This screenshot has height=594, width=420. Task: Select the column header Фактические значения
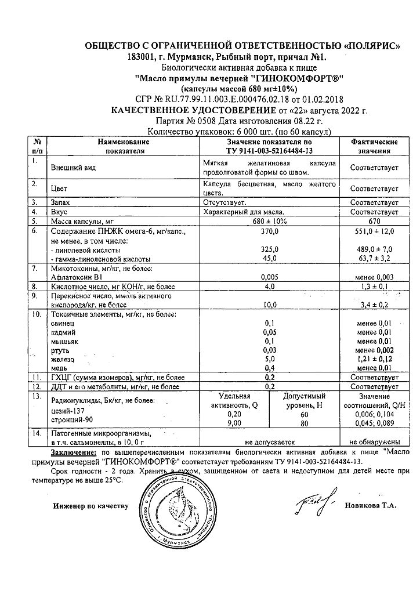[374, 146]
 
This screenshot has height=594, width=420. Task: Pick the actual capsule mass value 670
[374, 221]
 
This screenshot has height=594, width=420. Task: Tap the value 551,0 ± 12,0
[374, 231]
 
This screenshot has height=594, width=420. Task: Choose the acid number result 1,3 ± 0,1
[374, 286]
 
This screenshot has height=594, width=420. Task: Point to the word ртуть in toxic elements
[60, 350]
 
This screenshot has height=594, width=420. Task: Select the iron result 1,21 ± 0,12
[374, 360]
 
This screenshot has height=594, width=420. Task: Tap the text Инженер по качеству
[90, 506]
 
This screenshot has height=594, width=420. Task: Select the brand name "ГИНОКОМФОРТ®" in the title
[298, 79]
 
